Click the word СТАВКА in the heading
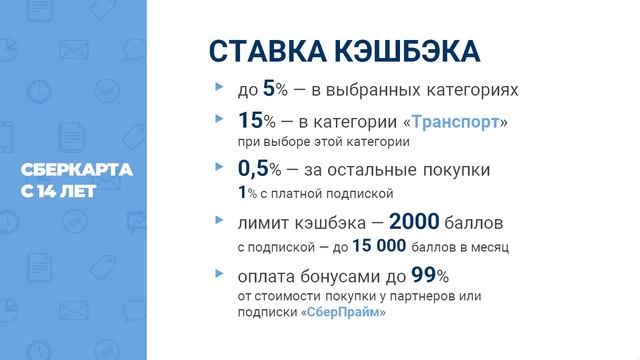tap(263, 52)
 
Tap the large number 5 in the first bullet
tap(268, 89)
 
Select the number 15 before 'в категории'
tap(250, 121)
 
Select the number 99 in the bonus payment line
tap(422, 274)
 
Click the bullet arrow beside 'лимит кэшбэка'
tap(219, 220)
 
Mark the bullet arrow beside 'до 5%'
tap(219, 89)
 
